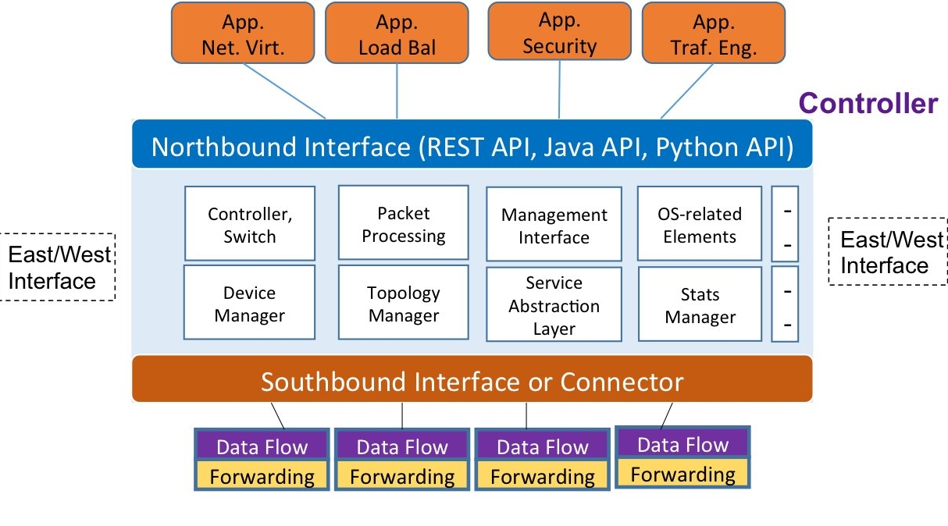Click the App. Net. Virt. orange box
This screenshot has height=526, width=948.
click(x=243, y=33)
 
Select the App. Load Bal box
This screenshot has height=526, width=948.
click(x=397, y=33)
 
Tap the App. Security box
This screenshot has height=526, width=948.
click(x=559, y=31)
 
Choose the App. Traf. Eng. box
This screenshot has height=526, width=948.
click(x=713, y=33)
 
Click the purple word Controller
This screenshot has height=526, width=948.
click(x=868, y=104)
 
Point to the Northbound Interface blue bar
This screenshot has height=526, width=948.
click(x=472, y=147)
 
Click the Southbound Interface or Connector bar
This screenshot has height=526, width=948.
click(x=472, y=382)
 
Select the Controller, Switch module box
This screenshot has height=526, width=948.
click(x=250, y=224)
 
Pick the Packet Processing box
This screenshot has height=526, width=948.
click(x=403, y=223)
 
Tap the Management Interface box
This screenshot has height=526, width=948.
click(x=554, y=225)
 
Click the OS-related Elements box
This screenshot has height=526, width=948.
click(x=700, y=224)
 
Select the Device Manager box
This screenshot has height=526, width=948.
click(x=250, y=303)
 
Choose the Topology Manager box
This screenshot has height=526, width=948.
click(x=403, y=303)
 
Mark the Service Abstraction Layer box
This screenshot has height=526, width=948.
click(x=554, y=305)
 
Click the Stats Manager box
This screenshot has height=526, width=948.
click(x=700, y=305)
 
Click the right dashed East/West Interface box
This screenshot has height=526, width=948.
click(x=886, y=251)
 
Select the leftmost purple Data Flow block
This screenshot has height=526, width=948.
click(x=262, y=446)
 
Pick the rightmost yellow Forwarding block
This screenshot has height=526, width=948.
click(x=682, y=474)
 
